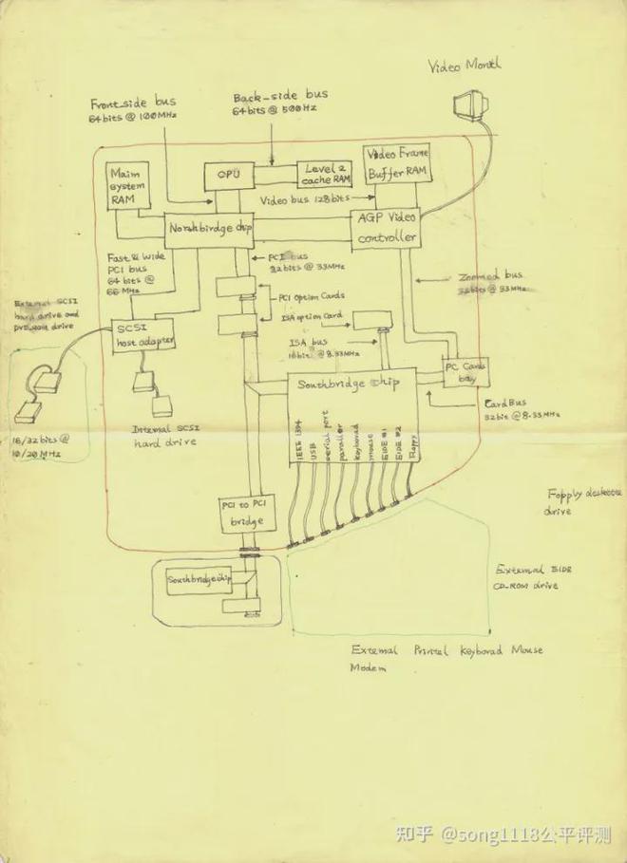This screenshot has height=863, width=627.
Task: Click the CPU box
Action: [x=228, y=176]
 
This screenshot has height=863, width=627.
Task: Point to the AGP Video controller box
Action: [x=385, y=229]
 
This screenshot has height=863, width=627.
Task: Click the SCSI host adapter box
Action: [x=143, y=332]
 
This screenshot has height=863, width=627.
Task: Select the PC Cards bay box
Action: [x=465, y=371]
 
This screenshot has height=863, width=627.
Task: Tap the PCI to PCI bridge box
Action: [x=247, y=512]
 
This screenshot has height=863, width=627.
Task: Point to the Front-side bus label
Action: [x=133, y=109]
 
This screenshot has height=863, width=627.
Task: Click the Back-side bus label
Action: [x=279, y=103]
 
